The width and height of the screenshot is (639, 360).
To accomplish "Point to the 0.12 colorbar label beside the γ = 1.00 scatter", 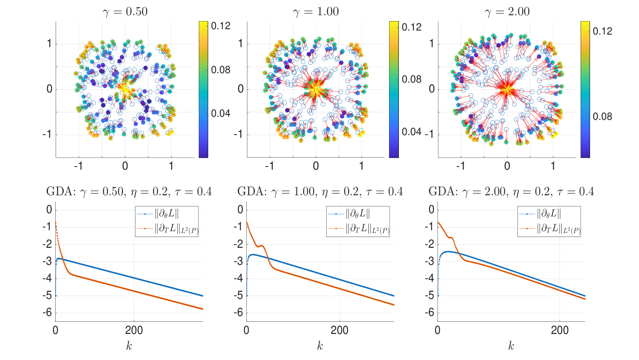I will pyautogui.click(x=412, y=27).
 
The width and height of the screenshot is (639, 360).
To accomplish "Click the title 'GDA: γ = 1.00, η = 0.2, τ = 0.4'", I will pyautogui.click(x=320, y=192).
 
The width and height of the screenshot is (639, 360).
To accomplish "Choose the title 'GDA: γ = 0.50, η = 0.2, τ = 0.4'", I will pyautogui.click(x=129, y=192).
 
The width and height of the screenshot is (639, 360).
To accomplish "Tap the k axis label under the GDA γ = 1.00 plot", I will pyautogui.click(x=320, y=346).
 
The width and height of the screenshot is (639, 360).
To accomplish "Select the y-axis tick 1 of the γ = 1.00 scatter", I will pyautogui.click(x=240, y=44).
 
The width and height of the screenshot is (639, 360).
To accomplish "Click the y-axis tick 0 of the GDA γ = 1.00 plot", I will pyautogui.click(x=240, y=210).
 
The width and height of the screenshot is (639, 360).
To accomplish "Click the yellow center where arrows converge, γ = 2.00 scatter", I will pyautogui.click(x=507, y=89).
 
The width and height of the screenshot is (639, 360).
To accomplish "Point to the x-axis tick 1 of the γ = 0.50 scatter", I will pyautogui.click(x=171, y=165).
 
